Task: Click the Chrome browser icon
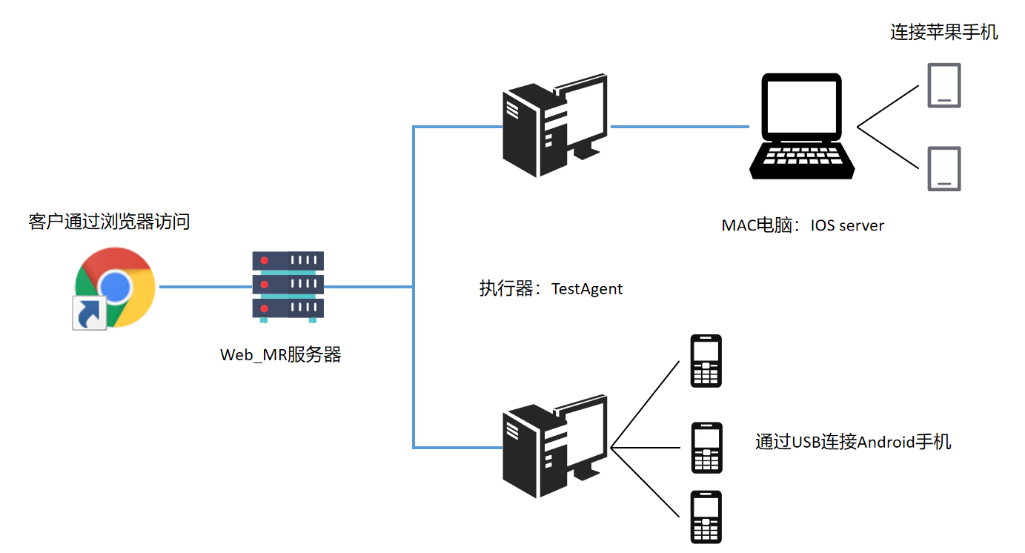(x=116, y=287)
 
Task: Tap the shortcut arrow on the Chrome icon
(x=88, y=313)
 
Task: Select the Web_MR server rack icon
(x=288, y=286)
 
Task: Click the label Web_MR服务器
(x=281, y=355)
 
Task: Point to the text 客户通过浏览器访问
(x=109, y=221)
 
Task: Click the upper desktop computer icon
(x=554, y=128)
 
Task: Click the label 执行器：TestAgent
(x=551, y=288)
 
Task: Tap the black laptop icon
(x=802, y=126)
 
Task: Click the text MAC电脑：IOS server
(x=803, y=225)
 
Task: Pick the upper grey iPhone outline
(x=943, y=85)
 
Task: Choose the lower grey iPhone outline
(x=943, y=169)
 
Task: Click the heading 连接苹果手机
(x=943, y=33)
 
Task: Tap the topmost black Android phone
(x=706, y=361)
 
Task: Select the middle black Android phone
(x=706, y=448)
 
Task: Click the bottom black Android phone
(x=706, y=517)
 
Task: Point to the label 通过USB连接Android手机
(x=853, y=443)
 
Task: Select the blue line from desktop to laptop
(x=678, y=127)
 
